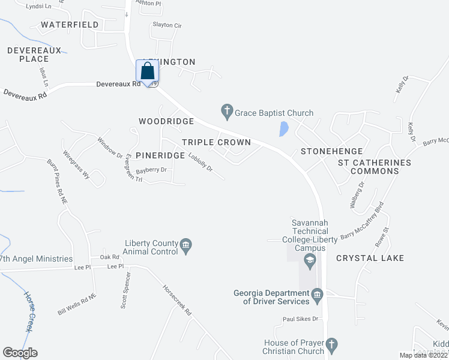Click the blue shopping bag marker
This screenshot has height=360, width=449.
148,72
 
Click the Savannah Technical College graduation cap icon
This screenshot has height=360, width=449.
310,260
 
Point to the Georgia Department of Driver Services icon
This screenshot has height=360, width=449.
318,294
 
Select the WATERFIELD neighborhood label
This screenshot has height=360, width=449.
70,25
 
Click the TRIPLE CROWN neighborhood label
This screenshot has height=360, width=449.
216,142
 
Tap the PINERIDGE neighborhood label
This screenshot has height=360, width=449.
159,155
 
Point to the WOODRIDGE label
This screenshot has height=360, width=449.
166,121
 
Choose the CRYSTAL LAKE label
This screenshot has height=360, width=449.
370,258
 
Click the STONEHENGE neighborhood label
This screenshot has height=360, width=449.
331,151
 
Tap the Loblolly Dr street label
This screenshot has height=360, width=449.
200,163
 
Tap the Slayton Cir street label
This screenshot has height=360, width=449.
167,25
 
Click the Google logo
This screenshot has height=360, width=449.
20,353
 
